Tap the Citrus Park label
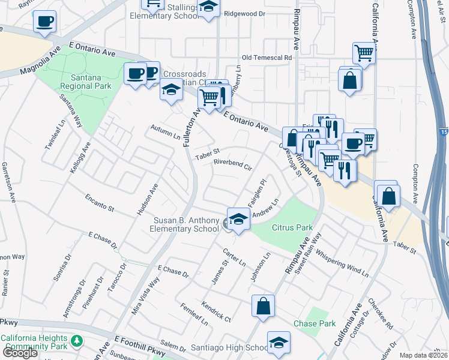(292, 227)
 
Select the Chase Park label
(314, 323)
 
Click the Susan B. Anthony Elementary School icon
(238, 219)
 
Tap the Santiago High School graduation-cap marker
(278, 344)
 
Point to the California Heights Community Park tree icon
(76, 341)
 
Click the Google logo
(20, 352)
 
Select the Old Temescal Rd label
(266, 58)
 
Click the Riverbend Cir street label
(232, 164)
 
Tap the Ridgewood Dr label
(244, 13)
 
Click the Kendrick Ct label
(216, 310)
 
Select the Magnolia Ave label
(41, 62)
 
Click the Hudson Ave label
(147, 199)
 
